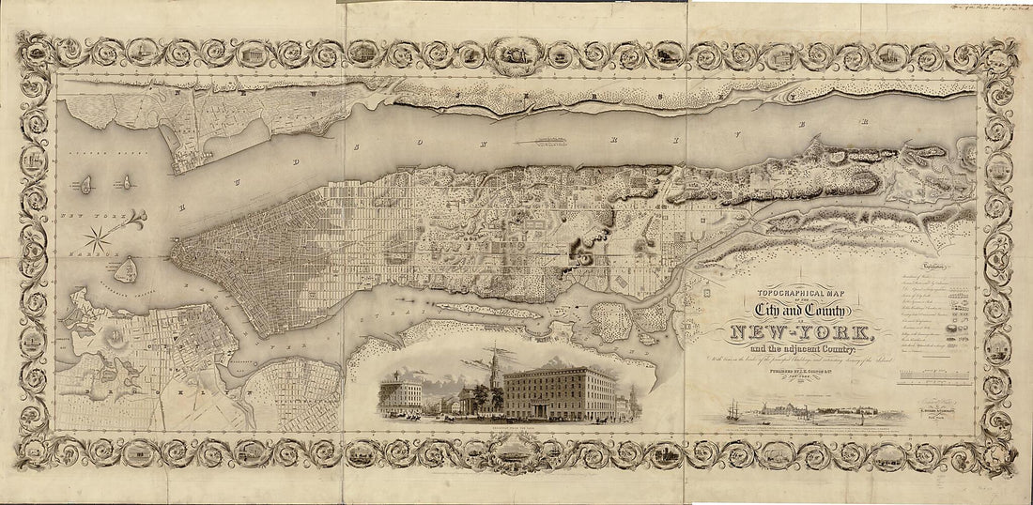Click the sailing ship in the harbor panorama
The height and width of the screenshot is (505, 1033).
pyautogui.click(x=732, y=411)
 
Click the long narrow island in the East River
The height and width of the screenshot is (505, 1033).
pyautogui.click(x=479, y=309)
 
